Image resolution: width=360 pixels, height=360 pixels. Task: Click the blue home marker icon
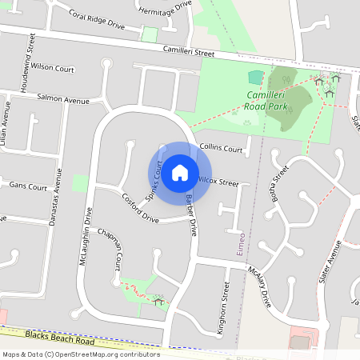[180, 172]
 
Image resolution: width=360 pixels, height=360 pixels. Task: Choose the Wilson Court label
[53, 68]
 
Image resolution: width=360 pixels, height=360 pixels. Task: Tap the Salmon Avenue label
[63, 99]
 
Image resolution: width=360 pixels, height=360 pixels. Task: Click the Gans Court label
[28, 186]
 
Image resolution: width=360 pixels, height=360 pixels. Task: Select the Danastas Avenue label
[55, 197]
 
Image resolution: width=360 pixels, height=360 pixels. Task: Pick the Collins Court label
[222, 149]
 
